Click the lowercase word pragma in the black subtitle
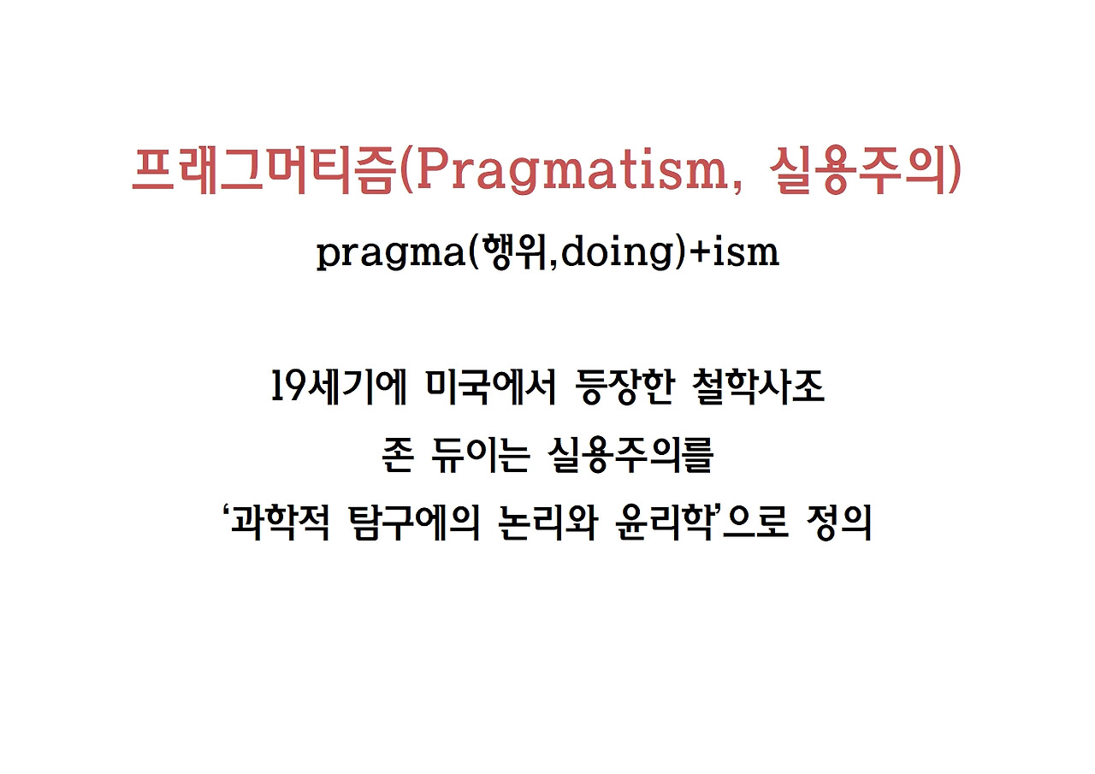tap(388, 254)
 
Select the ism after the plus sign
tap(749, 254)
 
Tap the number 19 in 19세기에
tap(283, 389)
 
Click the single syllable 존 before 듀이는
tap(400, 458)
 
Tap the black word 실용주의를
tap(630, 458)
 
